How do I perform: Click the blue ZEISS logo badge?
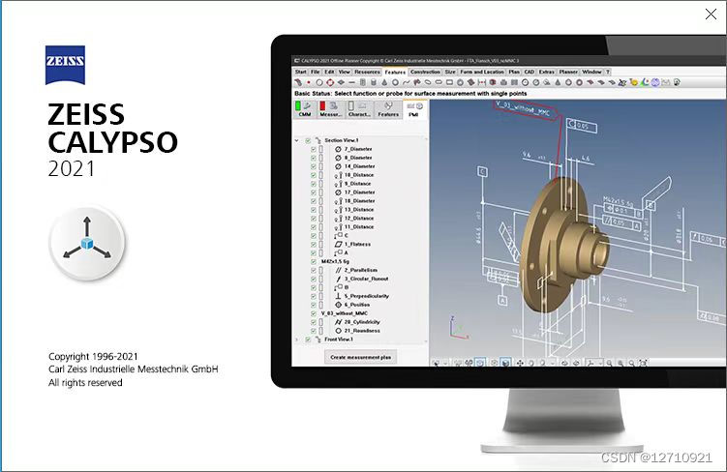point(66,65)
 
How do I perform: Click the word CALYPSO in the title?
point(112,142)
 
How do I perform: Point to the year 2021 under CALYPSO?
point(72,170)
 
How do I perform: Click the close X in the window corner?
point(709,15)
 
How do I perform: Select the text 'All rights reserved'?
point(85,383)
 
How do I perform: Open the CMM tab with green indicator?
point(305,108)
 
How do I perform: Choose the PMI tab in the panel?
point(413,108)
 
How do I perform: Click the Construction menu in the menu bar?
point(425,72)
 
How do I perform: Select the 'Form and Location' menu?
point(482,72)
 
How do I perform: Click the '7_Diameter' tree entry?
point(358,149)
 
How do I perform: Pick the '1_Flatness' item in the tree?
point(359,244)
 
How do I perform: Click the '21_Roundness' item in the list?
point(361,330)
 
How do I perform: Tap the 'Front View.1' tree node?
point(339,339)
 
